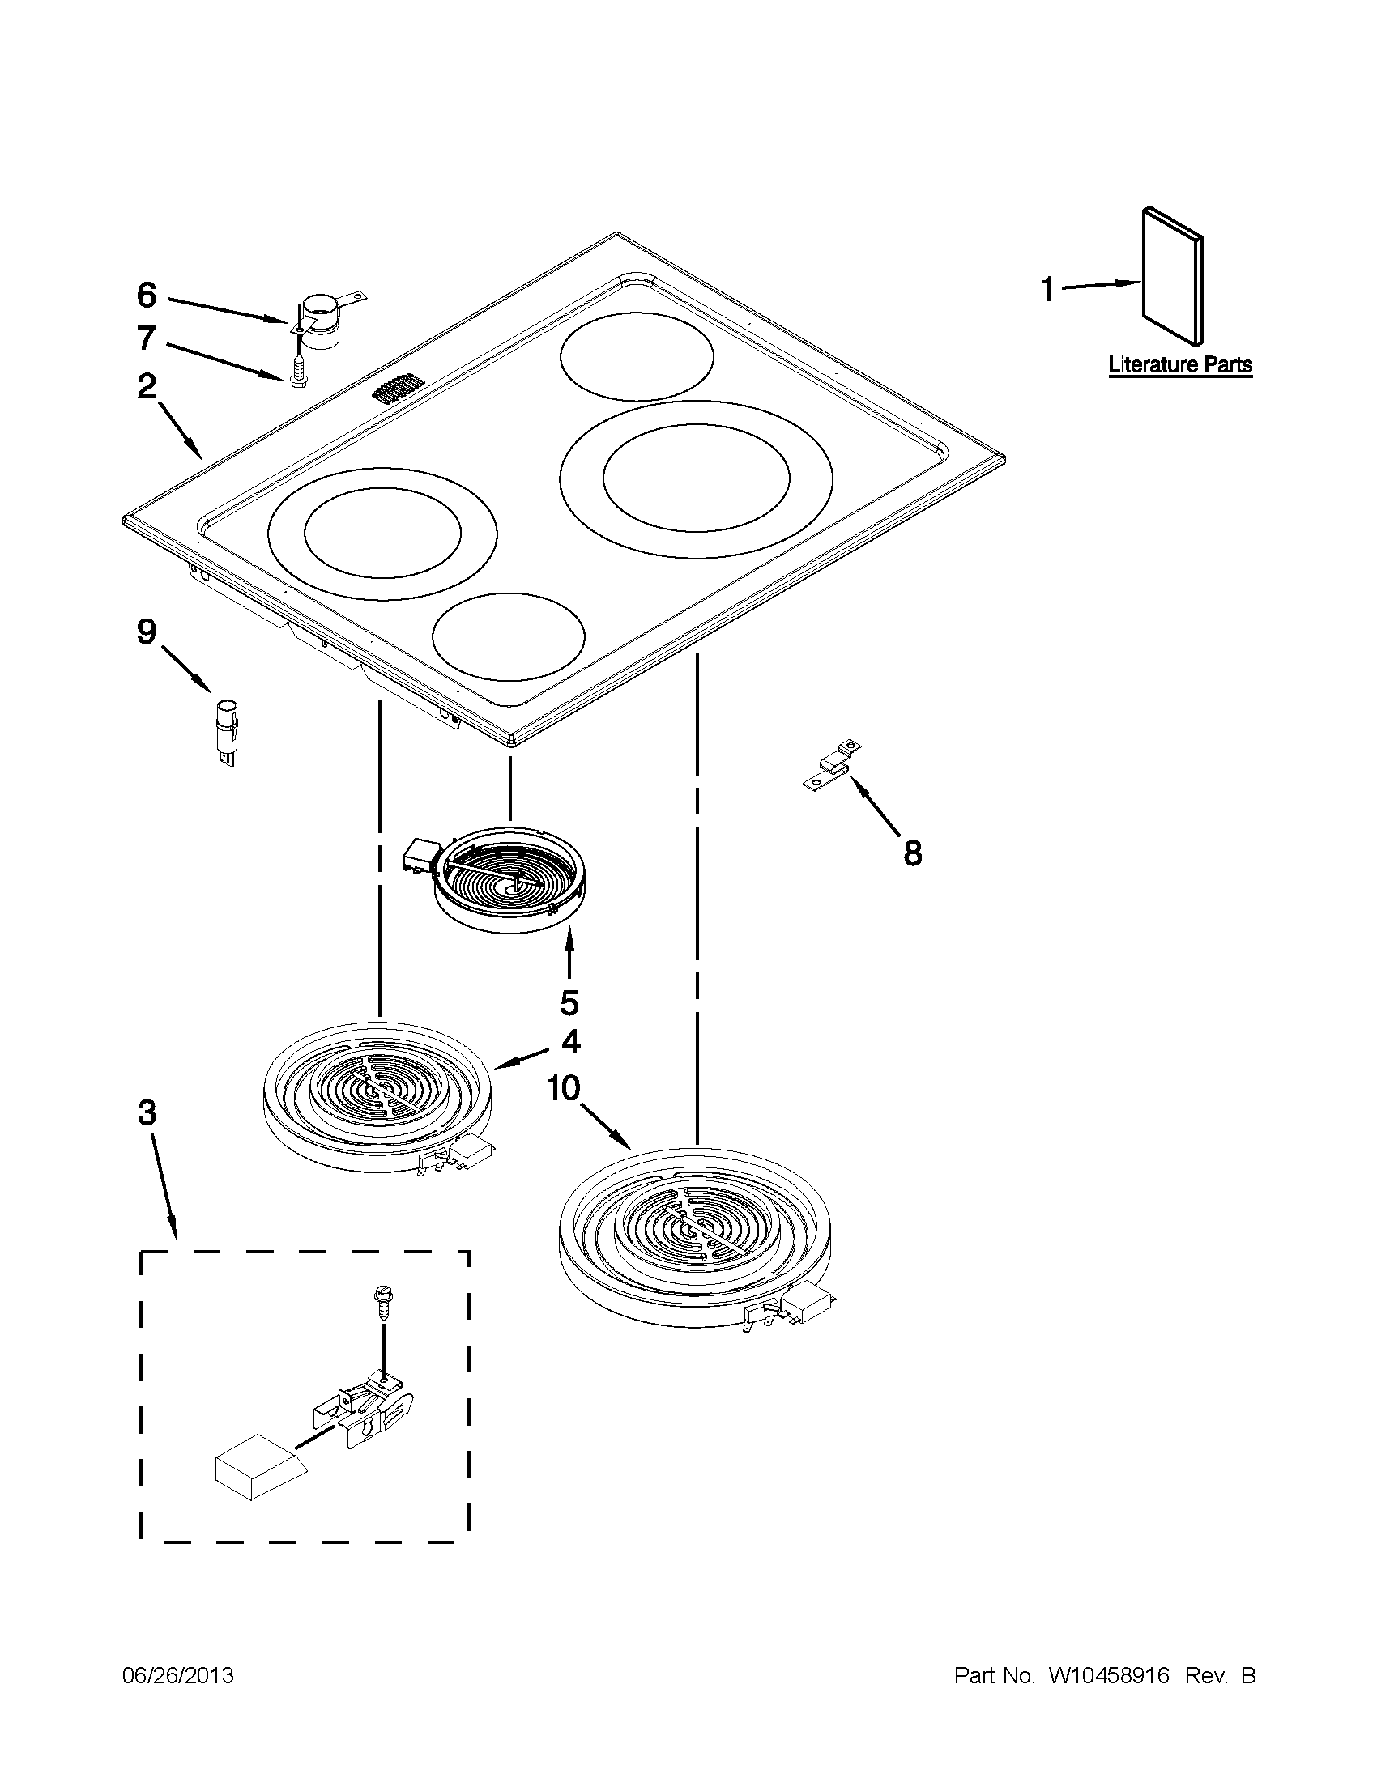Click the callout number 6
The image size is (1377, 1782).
coord(146,296)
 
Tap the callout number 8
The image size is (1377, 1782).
coord(913,854)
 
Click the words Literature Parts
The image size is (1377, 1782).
coord(1179,364)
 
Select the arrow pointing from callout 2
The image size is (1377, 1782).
coord(181,430)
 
